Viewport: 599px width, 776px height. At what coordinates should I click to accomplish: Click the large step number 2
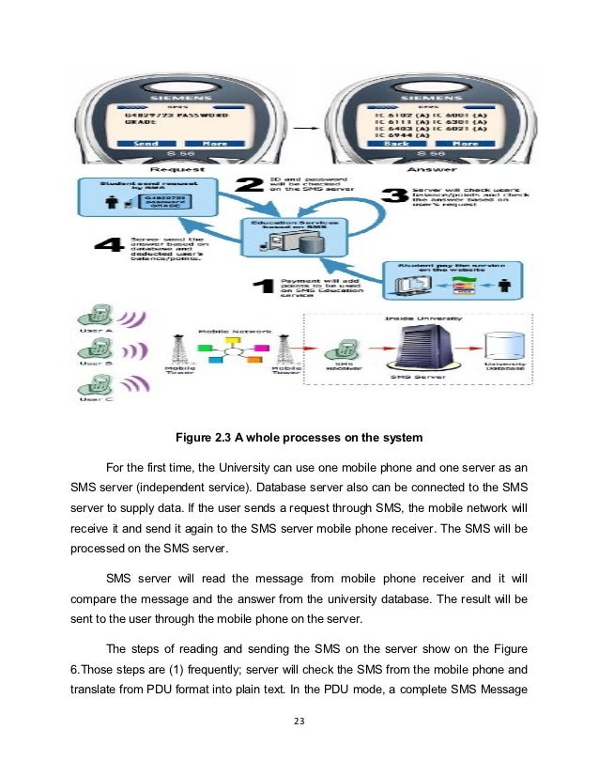pos(248,185)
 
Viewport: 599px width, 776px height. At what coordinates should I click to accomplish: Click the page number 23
pos(299,722)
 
